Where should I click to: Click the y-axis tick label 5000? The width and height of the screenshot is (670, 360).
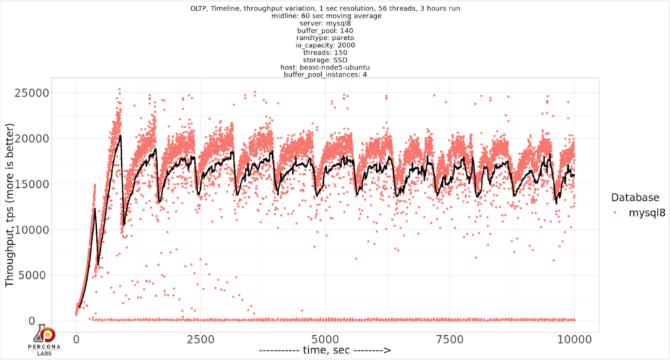tap(53, 276)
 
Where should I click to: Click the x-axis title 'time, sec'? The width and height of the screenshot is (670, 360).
tap(325, 351)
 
